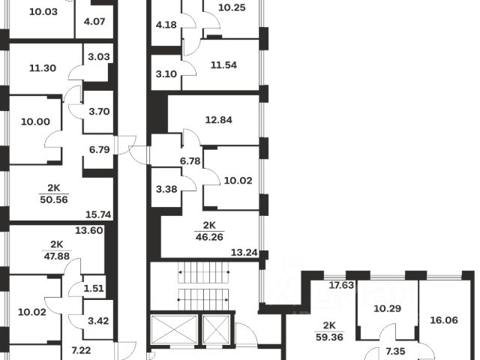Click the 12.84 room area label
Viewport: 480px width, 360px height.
pos(218,120)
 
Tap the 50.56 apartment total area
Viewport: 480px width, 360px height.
pos(54,200)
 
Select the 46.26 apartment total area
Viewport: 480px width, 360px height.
pos(209,237)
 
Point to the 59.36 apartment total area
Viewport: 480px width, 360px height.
pos(329,337)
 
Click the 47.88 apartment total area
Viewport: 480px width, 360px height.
pos(57,256)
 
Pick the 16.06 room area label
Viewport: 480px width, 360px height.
pos(444,320)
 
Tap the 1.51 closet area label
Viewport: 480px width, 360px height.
pos(94,288)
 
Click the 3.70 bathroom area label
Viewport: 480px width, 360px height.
pos(99,112)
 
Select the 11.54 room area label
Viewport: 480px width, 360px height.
pos(223,65)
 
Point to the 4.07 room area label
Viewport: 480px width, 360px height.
pos(94,22)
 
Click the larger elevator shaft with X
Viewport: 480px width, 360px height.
pos(174,329)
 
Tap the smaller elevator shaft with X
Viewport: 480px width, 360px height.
pos(216,329)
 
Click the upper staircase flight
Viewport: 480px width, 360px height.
pos(203,272)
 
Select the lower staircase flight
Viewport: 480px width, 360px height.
pos(203,300)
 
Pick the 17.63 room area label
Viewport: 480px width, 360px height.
pos(341,285)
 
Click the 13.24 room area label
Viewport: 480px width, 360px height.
pos(244,253)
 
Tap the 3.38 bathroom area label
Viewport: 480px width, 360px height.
pos(166,189)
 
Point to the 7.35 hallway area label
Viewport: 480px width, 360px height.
pos(396,352)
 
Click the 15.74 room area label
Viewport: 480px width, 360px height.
pos(98,214)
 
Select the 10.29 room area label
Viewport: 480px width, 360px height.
pos(388,308)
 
